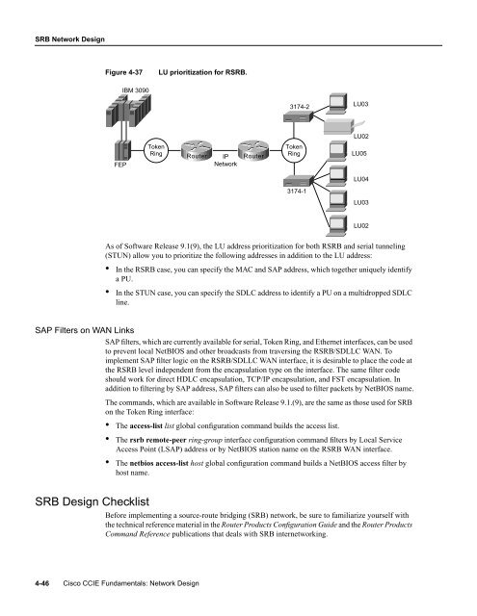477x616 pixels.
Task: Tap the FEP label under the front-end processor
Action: click(x=120, y=164)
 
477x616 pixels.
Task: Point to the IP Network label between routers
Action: click(x=224, y=159)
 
